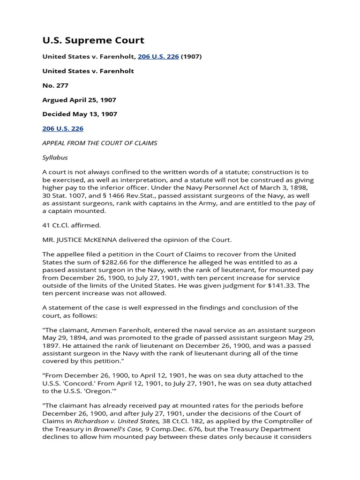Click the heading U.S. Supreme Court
tap(93, 40)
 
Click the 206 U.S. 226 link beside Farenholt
tap(158, 57)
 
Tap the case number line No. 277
tap(55, 85)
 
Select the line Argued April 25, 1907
tap(79, 100)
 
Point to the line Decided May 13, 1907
tap(80, 114)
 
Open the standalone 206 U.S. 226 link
tap(63, 128)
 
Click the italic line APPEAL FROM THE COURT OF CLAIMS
tap(99, 143)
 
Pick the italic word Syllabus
tap(55, 157)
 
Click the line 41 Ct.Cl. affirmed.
tap(72, 225)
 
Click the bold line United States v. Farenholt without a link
tap(88, 71)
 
